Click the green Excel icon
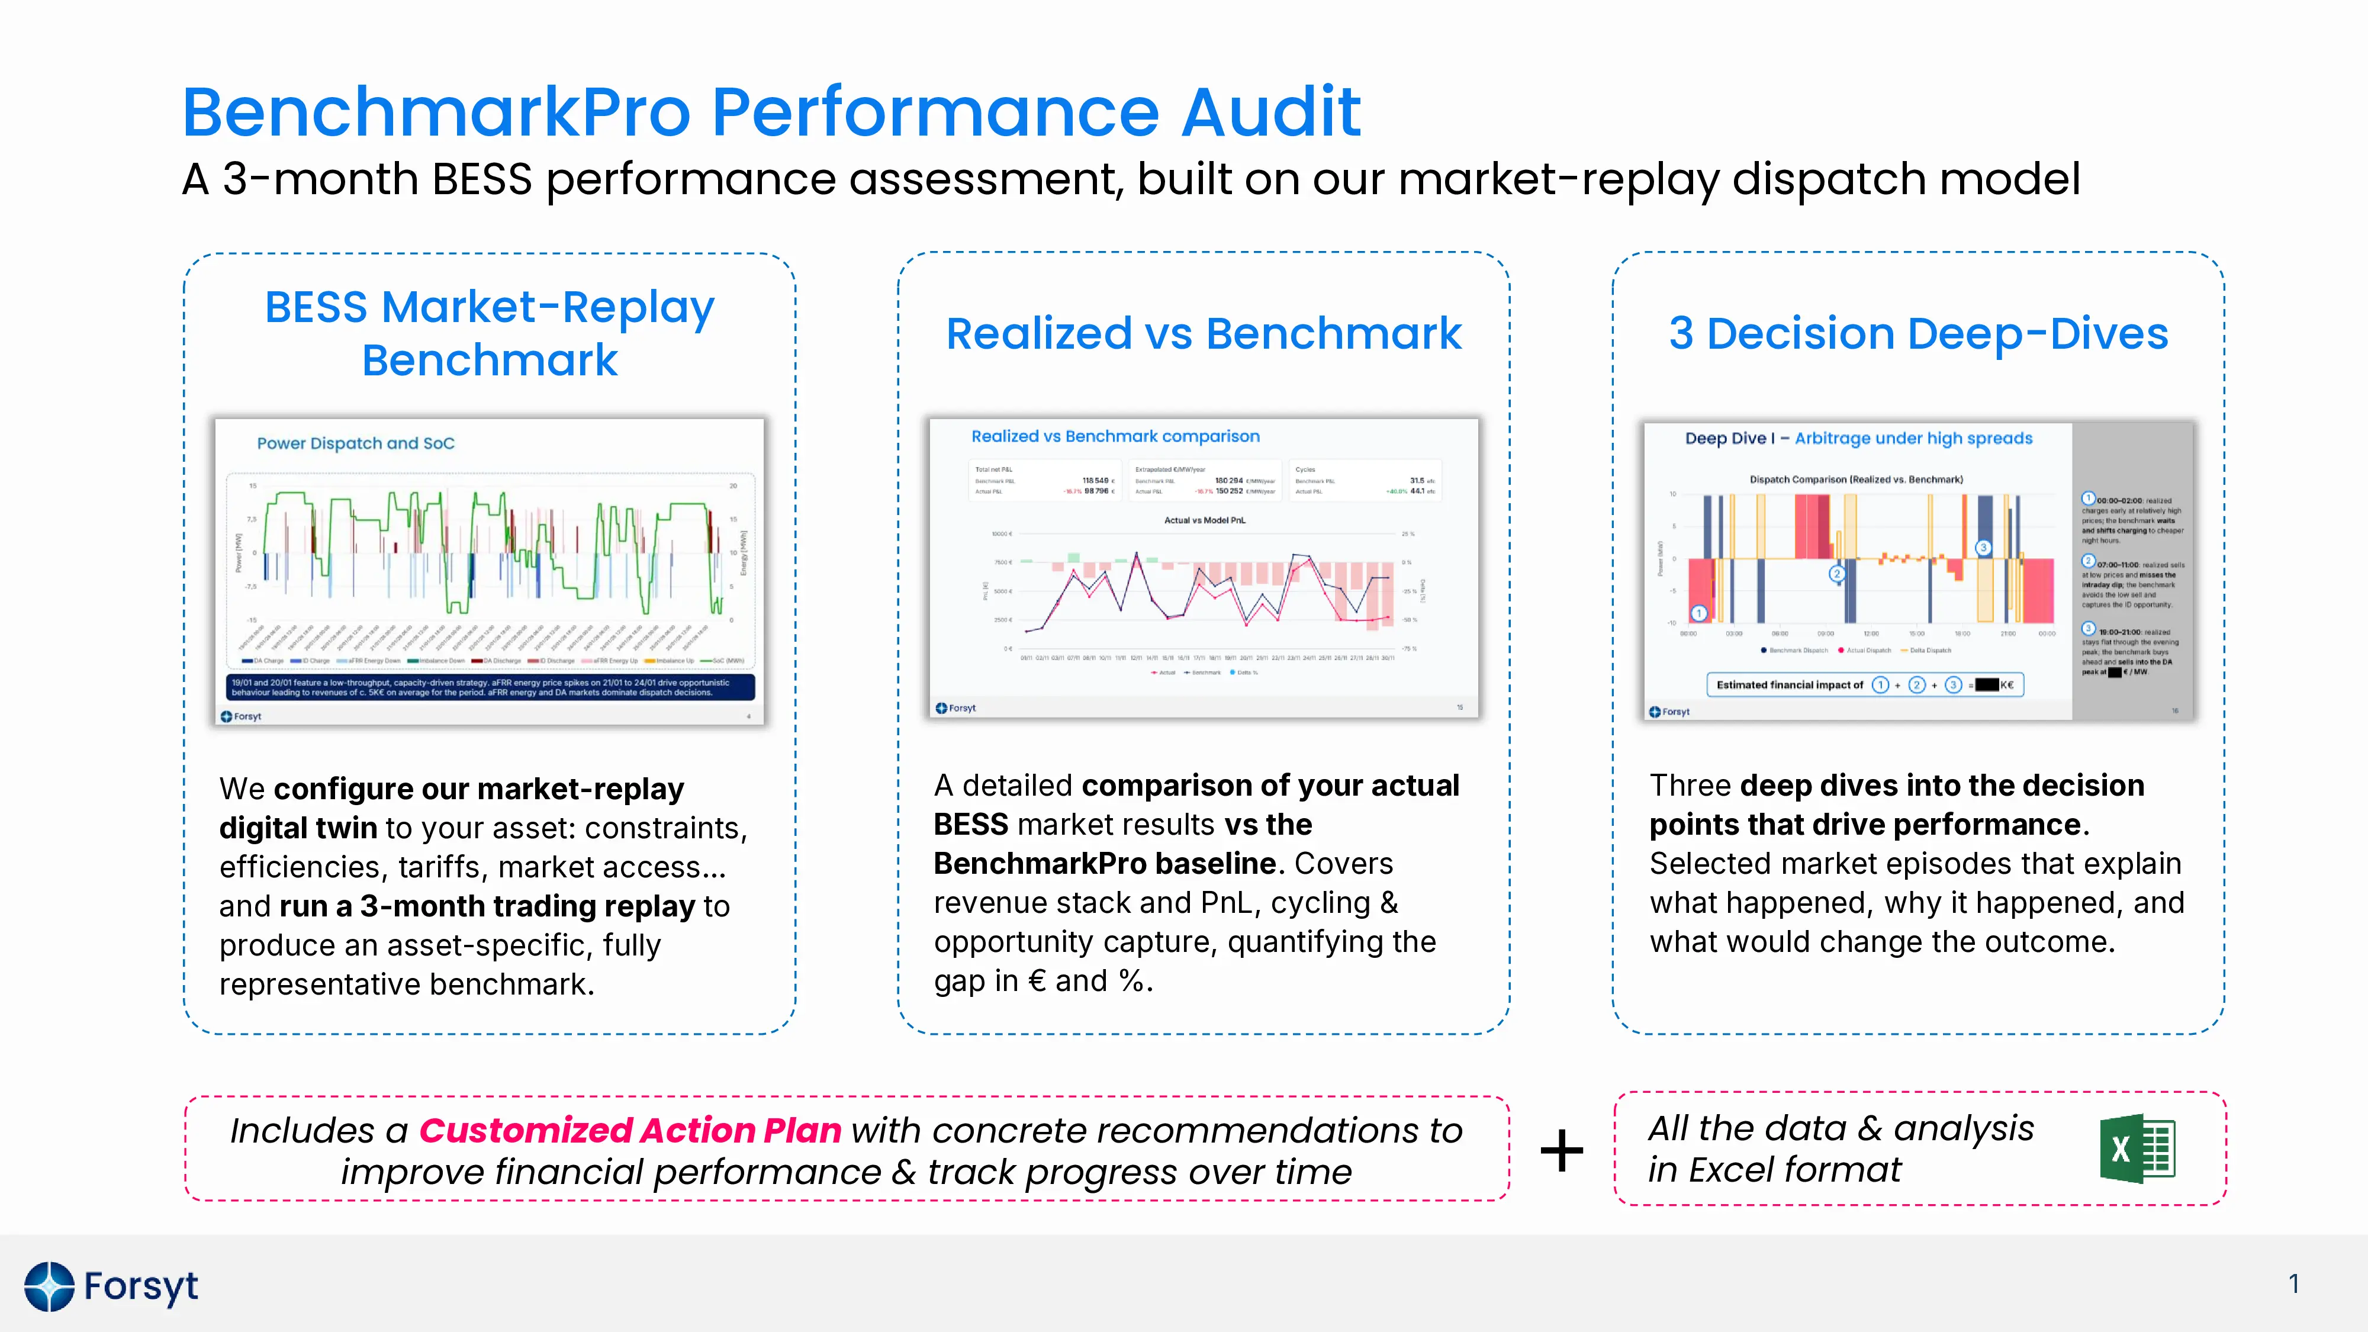[2137, 1149]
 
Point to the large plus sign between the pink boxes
[1562, 1150]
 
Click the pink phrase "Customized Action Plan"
[630, 1130]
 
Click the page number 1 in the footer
[2293, 1283]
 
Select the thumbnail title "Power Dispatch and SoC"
[356, 443]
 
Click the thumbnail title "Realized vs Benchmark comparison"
[1115, 437]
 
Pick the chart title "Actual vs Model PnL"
[1204, 520]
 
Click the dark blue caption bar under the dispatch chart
[490, 687]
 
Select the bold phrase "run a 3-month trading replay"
[486, 906]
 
